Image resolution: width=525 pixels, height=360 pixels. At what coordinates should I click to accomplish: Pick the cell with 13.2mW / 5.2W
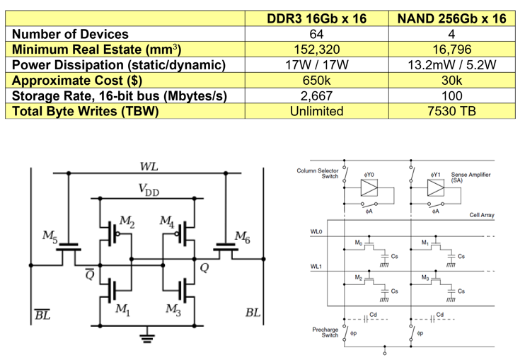point(451,65)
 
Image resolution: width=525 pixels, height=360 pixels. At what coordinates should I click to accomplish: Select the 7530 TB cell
point(451,111)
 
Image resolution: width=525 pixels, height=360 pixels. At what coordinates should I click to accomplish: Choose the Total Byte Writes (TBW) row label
point(82,111)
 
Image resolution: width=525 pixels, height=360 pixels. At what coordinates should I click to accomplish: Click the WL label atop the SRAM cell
point(148,167)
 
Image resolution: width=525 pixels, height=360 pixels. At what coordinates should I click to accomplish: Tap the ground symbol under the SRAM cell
point(147,337)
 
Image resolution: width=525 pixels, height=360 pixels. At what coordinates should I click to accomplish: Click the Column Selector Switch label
point(318,173)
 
